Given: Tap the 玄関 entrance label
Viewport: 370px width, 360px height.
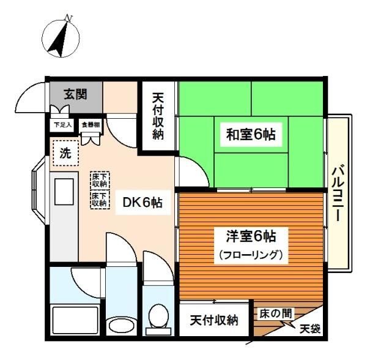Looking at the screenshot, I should point(75,95).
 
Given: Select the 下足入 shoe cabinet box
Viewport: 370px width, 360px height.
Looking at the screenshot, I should point(62,125).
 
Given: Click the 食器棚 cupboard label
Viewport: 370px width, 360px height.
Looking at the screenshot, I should point(92,124).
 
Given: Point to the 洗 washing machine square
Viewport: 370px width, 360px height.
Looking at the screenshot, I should point(65,154).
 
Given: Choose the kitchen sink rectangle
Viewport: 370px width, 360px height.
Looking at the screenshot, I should point(64,192).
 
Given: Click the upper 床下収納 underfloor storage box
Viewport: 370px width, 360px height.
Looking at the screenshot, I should point(99,179).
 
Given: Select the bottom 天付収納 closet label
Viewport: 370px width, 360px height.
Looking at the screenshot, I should point(213,320).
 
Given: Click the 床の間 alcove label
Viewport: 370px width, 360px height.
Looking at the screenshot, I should point(273,313).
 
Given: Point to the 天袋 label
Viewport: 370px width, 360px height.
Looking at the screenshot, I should point(309,329).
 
